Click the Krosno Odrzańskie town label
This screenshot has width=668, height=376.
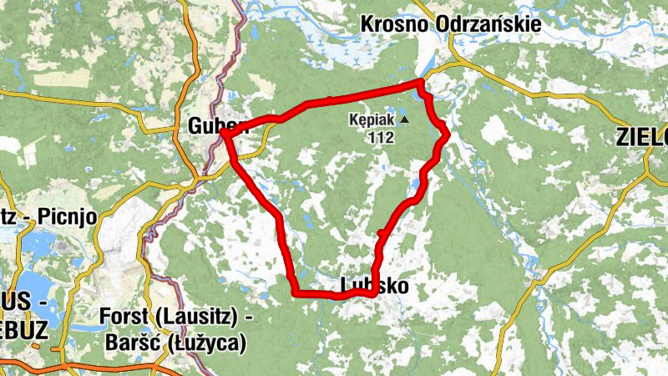pyautogui.click(x=450, y=24)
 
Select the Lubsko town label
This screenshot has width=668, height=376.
pyautogui.click(x=376, y=286)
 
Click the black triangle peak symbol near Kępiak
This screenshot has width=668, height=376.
pyautogui.click(x=405, y=120)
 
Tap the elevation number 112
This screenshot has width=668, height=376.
pyautogui.click(x=380, y=138)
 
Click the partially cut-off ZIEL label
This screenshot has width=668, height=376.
pyautogui.click(x=643, y=136)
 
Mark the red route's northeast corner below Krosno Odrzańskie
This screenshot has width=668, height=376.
pyautogui.click(x=421, y=82)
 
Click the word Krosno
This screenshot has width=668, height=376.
pyautogui.click(x=395, y=24)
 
